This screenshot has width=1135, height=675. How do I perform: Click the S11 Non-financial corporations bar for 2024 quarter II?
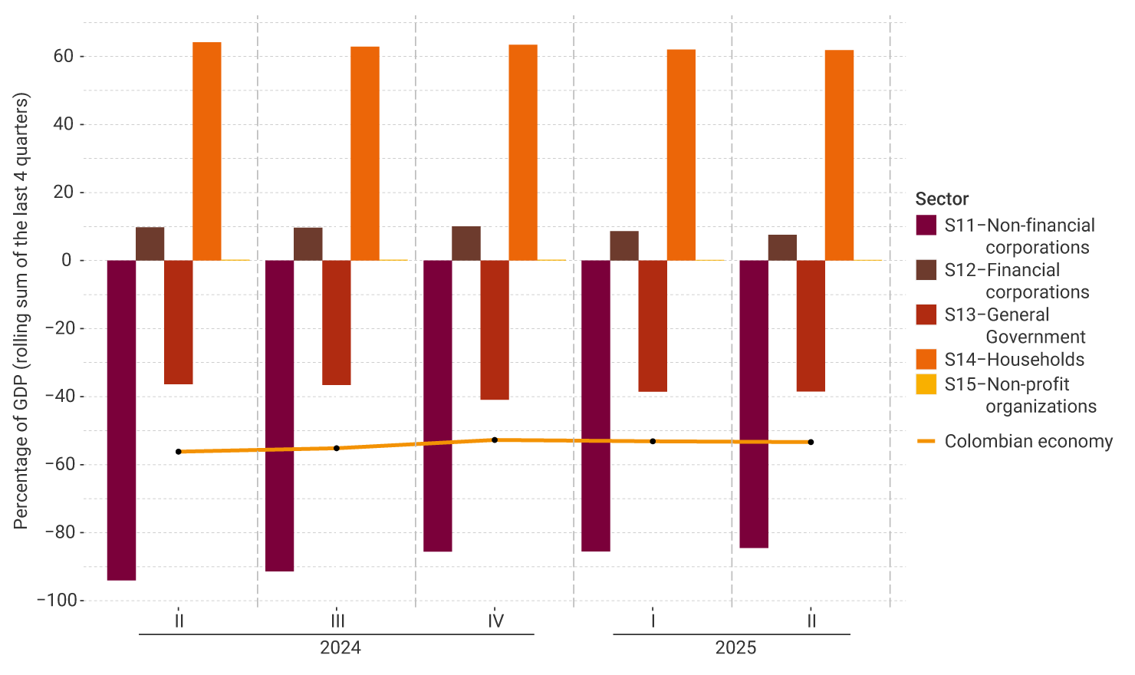121,420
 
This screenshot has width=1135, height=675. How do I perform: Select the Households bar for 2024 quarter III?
365,153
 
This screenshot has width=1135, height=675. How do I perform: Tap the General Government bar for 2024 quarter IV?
495,330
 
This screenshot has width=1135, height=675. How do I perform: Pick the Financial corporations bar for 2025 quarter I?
624,245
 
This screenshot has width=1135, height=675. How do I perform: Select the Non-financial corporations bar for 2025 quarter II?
754,403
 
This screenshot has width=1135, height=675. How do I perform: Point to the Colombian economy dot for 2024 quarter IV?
495,440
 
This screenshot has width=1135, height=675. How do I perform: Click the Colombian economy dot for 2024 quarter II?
179,452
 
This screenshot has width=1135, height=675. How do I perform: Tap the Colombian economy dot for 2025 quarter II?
811,442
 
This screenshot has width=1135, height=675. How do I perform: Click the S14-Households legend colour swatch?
926,359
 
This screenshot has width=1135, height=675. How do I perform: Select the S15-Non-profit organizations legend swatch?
926,384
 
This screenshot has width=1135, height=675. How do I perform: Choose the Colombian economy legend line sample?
926,441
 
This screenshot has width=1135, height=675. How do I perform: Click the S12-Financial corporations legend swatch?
926,270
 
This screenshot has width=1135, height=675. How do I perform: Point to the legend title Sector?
942,199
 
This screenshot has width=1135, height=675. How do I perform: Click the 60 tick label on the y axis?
64,56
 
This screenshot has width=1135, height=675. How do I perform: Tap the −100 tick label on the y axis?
57,600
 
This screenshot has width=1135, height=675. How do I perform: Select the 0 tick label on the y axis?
67,260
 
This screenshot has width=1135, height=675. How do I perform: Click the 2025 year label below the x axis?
735,648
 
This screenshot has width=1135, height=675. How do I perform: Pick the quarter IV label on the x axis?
495,621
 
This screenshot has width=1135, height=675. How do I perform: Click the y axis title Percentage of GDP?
21,311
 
